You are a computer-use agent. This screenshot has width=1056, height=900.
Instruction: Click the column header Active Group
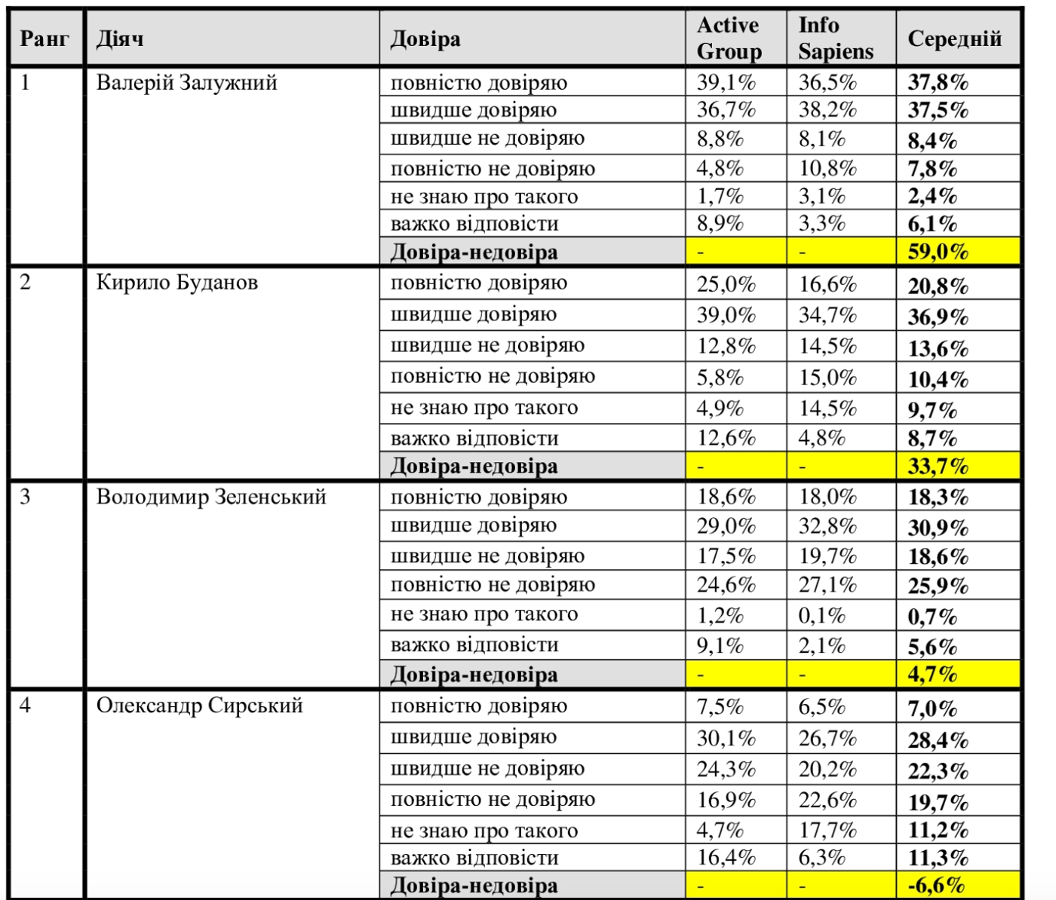coord(729,38)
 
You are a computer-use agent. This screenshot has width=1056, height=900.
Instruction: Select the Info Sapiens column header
coord(835,38)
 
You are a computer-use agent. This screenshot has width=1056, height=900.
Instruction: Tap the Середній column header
coord(954,39)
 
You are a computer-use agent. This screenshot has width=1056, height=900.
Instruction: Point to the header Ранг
coord(45,39)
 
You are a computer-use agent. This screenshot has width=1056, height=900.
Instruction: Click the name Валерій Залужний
coord(186,82)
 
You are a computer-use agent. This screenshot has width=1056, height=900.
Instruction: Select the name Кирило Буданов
coord(177,283)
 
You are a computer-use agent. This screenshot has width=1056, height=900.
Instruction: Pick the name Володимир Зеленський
coord(211,497)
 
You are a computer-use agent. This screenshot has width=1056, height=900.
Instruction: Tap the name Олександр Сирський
coord(199,706)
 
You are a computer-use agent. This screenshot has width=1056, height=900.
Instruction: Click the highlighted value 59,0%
coord(938,252)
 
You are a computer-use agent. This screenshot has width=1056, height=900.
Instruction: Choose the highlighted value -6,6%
coord(936,885)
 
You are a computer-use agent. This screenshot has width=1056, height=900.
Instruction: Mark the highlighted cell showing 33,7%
coord(938,467)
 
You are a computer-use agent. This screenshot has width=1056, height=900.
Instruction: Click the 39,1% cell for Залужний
coord(726,82)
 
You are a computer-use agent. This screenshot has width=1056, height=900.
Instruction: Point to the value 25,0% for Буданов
coord(726,284)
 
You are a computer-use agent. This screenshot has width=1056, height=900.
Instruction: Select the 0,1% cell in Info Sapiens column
coord(821,616)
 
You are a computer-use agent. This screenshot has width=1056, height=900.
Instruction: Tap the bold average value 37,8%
coord(938,82)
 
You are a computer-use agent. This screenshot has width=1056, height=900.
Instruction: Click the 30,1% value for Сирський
coord(726,738)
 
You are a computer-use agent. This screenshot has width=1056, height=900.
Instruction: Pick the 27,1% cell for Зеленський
coord(827,586)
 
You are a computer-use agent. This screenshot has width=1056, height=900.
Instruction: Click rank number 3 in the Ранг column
coord(26,497)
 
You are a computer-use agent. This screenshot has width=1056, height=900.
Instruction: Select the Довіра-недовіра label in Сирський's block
coord(474,886)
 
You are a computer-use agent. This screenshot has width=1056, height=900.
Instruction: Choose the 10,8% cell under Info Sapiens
coord(827,168)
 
